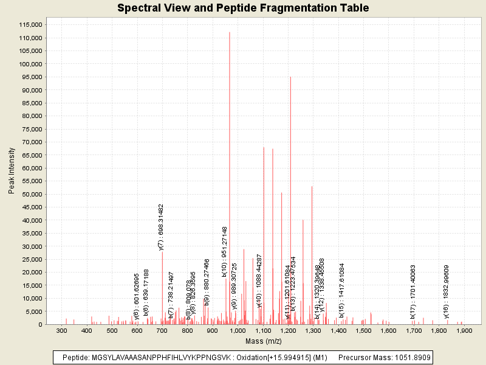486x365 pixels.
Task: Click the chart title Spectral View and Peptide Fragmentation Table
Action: point(243,8)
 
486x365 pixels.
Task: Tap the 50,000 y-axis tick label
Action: point(30,194)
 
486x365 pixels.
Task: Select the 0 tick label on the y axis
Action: point(39,324)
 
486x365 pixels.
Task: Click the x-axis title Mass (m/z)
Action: point(263,341)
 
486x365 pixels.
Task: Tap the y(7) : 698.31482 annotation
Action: point(162,227)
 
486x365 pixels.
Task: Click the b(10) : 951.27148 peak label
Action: point(225,251)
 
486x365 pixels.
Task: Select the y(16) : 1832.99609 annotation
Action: point(447,291)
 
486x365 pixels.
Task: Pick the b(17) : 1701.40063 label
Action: point(413,291)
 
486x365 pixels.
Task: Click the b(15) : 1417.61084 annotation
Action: point(342,290)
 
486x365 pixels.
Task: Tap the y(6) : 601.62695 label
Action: point(137,296)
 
